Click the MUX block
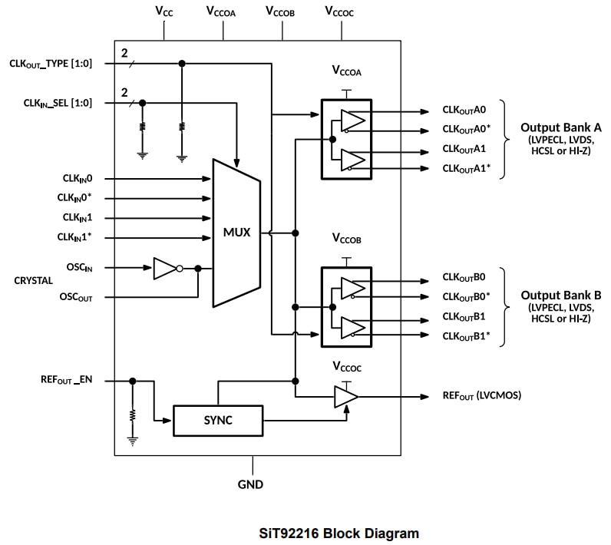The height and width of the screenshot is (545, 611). pos(236,232)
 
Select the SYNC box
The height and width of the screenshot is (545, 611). pos(218,420)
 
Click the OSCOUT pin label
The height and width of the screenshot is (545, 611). pos(76,297)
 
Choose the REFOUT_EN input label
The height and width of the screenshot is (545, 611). pos(67,380)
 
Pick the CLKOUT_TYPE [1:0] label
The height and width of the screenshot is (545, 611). pos(51,64)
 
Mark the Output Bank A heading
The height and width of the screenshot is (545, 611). pos(560,127)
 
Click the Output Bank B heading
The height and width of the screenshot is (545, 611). pos(560,296)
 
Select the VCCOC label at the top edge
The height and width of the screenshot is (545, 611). pos(339,12)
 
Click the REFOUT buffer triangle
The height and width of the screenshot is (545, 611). pos(345,397)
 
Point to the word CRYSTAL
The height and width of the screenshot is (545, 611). pos(34,281)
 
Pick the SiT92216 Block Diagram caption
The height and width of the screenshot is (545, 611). pos(305,533)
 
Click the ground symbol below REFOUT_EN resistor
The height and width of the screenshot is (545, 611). pos(132,441)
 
